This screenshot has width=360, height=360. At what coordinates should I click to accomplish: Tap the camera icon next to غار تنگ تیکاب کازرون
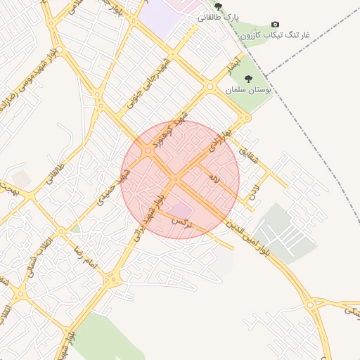[275, 24]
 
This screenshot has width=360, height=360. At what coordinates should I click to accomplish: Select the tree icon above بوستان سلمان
[248, 79]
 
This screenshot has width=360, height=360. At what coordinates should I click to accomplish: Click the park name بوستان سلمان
[248, 90]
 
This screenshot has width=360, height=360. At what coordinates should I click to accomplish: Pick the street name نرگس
[181, 221]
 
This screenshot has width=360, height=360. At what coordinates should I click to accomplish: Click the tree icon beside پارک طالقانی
[218, 6]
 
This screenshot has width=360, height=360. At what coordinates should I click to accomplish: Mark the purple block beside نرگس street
[181, 209]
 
